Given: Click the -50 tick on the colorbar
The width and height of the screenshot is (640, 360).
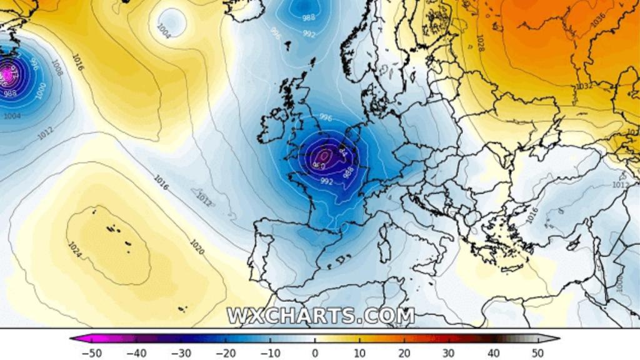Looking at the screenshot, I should [91, 353].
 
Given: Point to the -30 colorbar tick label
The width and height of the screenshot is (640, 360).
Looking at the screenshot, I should [181, 353].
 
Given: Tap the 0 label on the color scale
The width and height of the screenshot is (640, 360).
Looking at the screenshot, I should [315, 353].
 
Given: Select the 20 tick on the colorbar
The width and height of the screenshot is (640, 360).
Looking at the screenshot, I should [404, 353].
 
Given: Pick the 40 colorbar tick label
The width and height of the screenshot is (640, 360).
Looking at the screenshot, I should [494, 353].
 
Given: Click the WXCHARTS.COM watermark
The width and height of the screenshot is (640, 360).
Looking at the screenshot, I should [321, 316].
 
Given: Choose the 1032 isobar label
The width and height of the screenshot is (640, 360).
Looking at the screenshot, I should [584, 86].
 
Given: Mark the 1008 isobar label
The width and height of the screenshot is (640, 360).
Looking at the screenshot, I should [57, 67].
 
